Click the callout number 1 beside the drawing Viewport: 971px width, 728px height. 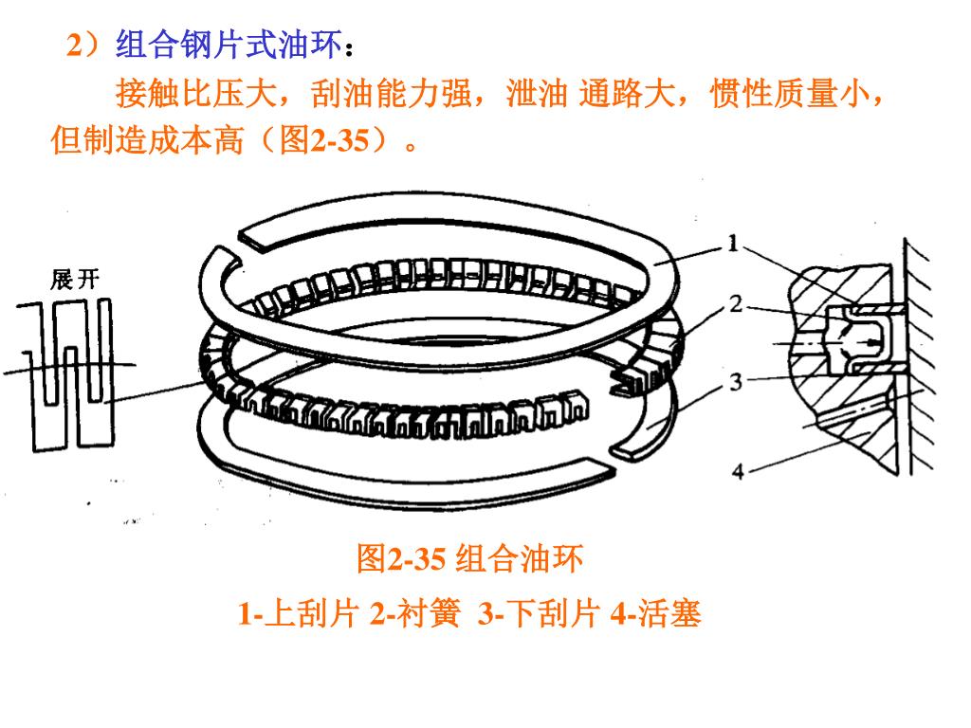(x=733, y=244)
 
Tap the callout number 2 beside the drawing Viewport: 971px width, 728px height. (x=736, y=304)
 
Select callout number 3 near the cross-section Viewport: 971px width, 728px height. (x=736, y=382)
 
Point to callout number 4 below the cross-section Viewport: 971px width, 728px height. (x=738, y=472)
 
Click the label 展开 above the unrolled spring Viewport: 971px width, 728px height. (x=75, y=280)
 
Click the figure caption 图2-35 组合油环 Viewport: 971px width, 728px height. (x=469, y=558)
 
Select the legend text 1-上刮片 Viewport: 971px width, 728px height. (x=299, y=614)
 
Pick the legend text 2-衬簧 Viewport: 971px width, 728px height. (x=415, y=614)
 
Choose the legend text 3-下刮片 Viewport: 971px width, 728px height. (x=539, y=614)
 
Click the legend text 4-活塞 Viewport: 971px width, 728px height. (x=656, y=614)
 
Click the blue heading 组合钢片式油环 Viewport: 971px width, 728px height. (x=229, y=45)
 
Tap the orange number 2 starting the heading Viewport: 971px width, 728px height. (x=74, y=45)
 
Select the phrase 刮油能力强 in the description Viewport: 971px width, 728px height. (x=392, y=94)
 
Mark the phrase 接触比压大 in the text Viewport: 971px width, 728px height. (x=195, y=94)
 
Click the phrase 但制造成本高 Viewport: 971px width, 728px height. (x=147, y=140)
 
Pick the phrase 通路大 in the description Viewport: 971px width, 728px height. (x=627, y=94)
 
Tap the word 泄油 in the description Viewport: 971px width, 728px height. (x=538, y=94)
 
